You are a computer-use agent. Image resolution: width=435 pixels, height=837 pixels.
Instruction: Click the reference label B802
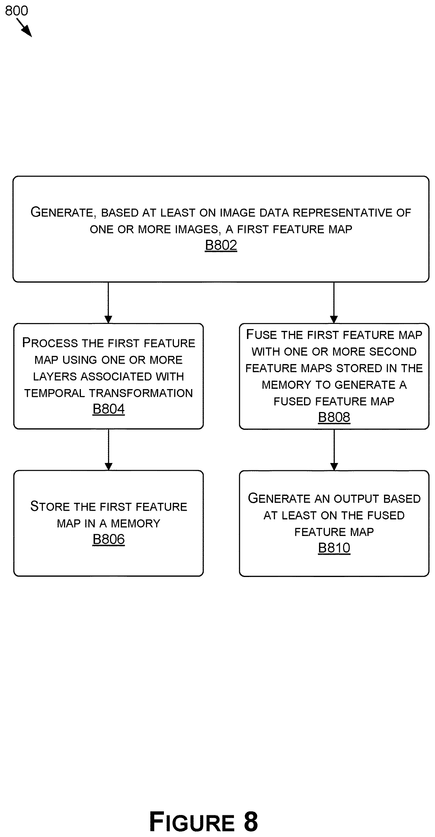coord(221,245)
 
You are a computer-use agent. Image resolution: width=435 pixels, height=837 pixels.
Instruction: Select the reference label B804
coord(109,409)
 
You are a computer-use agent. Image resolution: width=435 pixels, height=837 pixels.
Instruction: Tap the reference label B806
coord(109,539)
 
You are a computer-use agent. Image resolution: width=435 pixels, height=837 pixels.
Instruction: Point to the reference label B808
coord(334,417)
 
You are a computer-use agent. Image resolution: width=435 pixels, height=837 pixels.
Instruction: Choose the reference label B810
coord(334,548)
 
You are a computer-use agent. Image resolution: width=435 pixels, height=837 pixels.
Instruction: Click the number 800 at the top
coord(17,11)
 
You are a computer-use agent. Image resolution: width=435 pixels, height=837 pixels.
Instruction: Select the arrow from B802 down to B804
coord(108,303)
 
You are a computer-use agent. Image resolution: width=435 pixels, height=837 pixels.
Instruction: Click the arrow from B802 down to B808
coord(334,303)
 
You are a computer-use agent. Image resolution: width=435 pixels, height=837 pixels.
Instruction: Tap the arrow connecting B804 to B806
coord(109,450)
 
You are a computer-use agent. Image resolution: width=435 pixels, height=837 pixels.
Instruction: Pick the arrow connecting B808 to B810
coord(334,450)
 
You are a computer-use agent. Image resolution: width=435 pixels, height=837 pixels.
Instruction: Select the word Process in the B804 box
coord(50,343)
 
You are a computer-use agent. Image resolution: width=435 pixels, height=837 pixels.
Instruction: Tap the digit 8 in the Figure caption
coord(251,821)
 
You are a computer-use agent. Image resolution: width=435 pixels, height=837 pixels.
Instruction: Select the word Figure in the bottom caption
coord(192,821)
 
